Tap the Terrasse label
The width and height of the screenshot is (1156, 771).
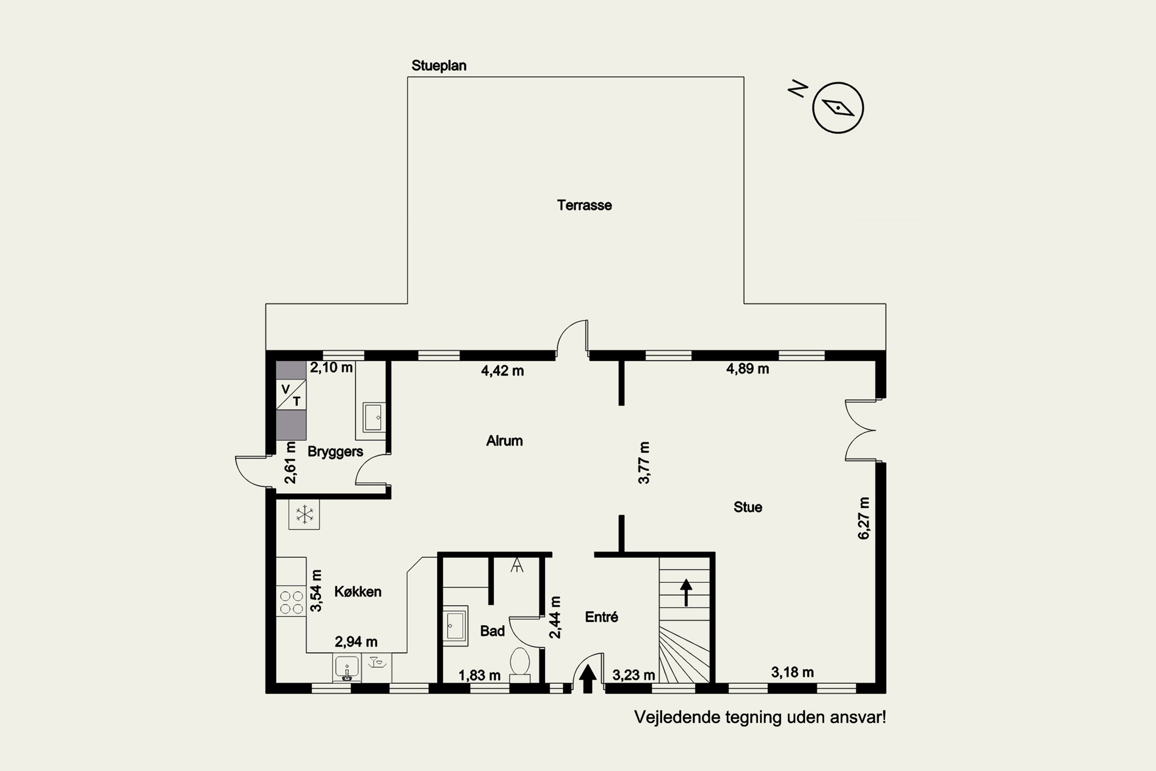(585, 205)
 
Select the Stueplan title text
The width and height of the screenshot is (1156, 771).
(439, 66)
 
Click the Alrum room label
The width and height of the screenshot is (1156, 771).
(504, 441)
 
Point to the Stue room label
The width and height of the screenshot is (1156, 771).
(748, 507)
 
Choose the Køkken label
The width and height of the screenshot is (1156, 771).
(358, 591)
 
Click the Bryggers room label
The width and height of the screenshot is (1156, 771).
(335, 452)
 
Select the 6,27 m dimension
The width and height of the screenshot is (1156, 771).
(864, 518)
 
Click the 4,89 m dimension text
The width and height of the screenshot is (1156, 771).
(748, 369)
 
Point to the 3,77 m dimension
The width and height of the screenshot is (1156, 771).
(644, 463)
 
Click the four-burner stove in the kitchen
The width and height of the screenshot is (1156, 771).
(291, 603)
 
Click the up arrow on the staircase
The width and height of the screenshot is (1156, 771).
(686, 593)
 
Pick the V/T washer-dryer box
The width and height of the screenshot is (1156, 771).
(291, 395)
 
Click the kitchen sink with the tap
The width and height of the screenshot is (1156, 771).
(347, 668)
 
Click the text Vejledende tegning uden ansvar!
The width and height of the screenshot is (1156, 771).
(760, 717)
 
